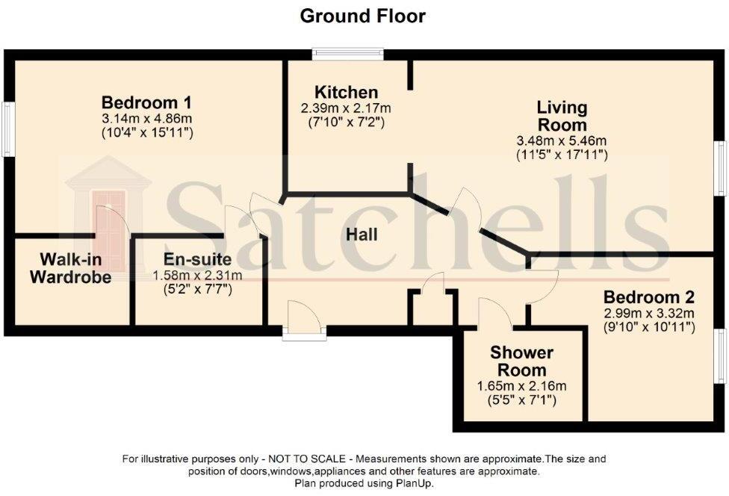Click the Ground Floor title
tap(363, 16)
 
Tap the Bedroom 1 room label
tap(147, 102)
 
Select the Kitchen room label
tap(346, 93)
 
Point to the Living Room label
tap(562, 117)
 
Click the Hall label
tap(362, 235)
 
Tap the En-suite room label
tap(192, 260)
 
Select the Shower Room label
tap(521, 361)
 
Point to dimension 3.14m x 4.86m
tap(147, 118)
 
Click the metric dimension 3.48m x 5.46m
tap(562, 141)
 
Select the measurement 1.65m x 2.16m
tap(521, 386)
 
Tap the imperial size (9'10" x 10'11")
tap(649, 326)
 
